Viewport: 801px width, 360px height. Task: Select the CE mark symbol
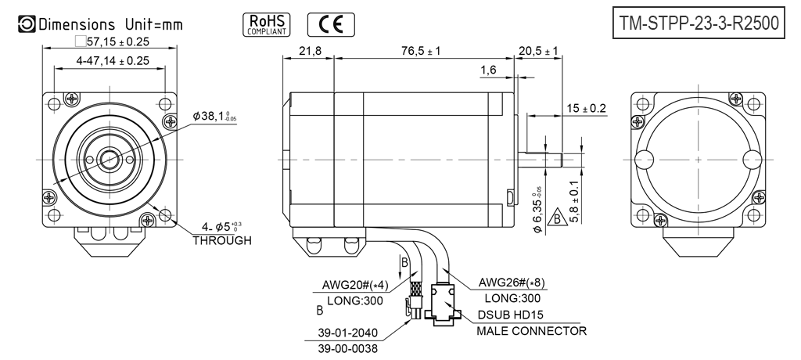pyautogui.click(x=329, y=25)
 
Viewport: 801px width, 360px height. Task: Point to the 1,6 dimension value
pyautogui.click(x=489, y=70)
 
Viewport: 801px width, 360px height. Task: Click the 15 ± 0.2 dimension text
pyautogui.click(x=584, y=108)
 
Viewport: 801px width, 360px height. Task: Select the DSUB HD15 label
pyautogui.click(x=516, y=315)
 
